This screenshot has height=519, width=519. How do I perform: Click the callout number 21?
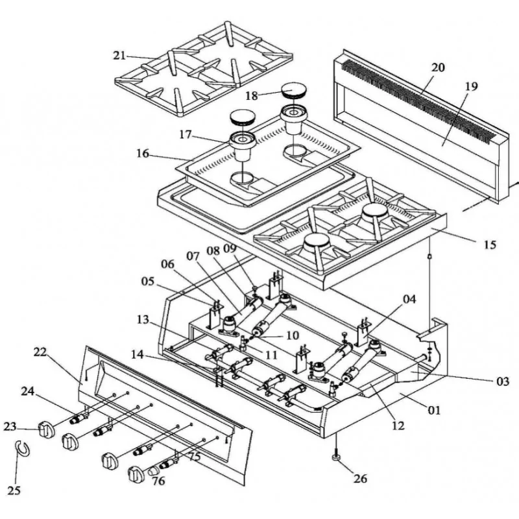(119, 56)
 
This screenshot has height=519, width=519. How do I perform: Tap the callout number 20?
(438, 67)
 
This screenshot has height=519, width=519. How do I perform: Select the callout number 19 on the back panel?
(471, 86)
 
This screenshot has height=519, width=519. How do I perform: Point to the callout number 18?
(252, 96)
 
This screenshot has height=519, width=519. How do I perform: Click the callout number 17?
(186, 135)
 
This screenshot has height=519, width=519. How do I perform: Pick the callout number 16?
(143, 154)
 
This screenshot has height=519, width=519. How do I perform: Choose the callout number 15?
(490, 245)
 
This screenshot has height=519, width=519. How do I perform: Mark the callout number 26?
(360, 479)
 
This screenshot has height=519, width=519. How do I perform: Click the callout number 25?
(14, 490)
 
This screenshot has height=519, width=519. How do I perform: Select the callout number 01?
(434, 410)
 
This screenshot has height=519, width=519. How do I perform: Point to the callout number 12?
(398, 426)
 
